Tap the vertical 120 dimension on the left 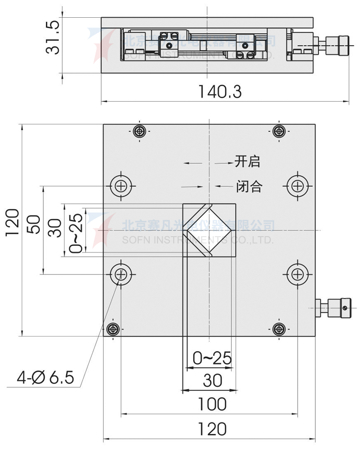(x=13, y=222)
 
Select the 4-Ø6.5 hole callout (x=46, y=378)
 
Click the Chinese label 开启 (x=247, y=161)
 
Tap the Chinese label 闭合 (x=249, y=186)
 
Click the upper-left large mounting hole (x=120, y=185)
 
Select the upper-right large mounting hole (x=297, y=185)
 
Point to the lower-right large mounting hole (x=297, y=274)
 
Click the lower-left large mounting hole (x=120, y=274)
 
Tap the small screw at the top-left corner (x=140, y=131)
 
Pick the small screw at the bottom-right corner (x=278, y=329)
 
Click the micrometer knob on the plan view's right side (x=336, y=307)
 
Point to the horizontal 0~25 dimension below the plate (x=212, y=358)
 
